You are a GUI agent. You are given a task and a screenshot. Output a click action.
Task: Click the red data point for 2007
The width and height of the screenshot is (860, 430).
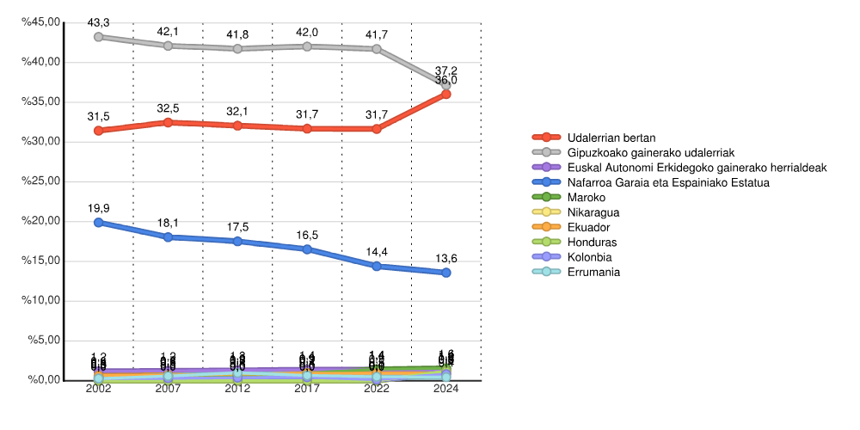pyautogui.click(x=169, y=123)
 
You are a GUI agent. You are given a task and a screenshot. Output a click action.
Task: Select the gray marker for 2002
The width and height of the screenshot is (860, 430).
pyautogui.click(x=99, y=37)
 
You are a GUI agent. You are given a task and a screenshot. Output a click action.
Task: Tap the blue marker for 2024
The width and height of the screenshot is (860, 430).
pyautogui.click(x=445, y=273)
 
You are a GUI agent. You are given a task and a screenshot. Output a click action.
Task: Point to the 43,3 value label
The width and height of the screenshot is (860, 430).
pyautogui.click(x=99, y=21)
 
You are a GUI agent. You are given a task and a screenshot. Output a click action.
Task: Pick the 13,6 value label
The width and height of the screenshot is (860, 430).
pyautogui.click(x=445, y=256)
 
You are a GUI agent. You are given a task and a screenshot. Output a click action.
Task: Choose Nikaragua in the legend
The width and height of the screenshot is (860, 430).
pyautogui.click(x=593, y=212)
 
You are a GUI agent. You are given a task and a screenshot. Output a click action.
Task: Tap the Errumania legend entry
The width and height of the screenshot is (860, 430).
pyautogui.click(x=593, y=272)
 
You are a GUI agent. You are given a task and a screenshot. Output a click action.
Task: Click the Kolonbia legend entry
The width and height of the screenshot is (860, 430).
pyautogui.click(x=590, y=257)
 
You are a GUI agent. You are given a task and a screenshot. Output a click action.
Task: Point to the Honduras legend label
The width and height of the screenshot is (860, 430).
pyautogui.click(x=593, y=243)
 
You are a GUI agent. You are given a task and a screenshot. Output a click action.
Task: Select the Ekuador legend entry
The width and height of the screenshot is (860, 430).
pyautogui.click(x=590, y=227)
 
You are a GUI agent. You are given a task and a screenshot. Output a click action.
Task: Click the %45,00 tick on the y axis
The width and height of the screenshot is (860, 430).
pyautogui.click(x=41, y=22)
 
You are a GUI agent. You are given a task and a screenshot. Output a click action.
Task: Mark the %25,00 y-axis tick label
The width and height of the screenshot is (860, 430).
pyautogui.click(x=41, y=181)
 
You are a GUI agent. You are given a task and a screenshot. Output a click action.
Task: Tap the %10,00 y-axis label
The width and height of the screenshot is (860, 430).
pyautogui.click(x=41, y=301)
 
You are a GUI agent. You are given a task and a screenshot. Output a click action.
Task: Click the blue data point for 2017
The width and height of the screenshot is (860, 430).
pyautogui.click(x=307, y=249)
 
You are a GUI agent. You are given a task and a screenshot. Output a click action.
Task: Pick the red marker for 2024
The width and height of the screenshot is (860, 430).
pyautogui.click(x=445, y=94)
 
